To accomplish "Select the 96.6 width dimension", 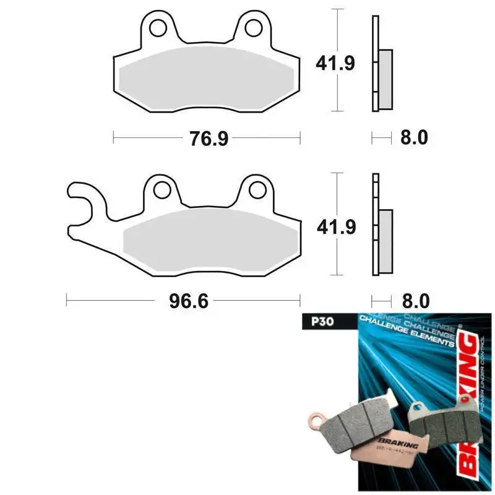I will pos(183,301).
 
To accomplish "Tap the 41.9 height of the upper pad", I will pos(335,63).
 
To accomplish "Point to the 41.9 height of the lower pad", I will pos(335,227).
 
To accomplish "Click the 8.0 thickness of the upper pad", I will pos(414,137).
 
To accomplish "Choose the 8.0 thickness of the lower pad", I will pos(414,301).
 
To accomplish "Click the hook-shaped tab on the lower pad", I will pos(84,204).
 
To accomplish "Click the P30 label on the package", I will pos(314,322).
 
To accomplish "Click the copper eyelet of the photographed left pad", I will pos(316,423).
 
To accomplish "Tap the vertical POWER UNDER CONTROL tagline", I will pos(484,377).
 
